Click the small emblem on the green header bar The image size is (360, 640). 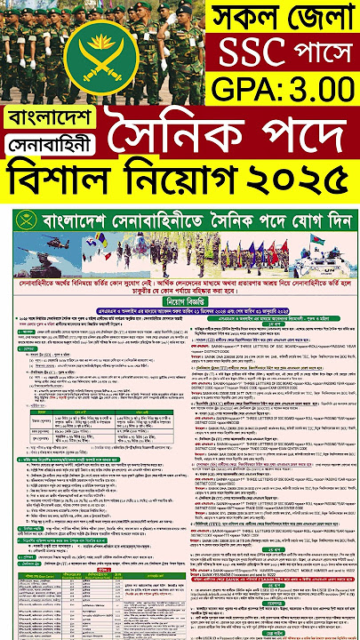tap(20, 220)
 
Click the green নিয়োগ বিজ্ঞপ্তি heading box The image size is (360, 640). tap(180, 300)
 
